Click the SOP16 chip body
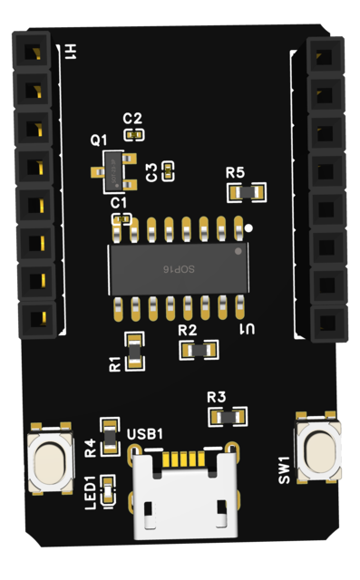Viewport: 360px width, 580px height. coord(179,269)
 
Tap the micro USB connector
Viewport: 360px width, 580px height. coord(184,494)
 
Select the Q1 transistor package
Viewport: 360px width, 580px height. coord(114,172)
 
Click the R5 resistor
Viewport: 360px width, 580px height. coord(247,192)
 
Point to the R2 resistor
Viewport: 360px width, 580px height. coord(199,350)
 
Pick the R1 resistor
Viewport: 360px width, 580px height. coord(135,352)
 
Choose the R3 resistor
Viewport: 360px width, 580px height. coord(228,417)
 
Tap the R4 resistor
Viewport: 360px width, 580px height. coord(111,437)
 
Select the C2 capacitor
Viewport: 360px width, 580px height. coord(134,135)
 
